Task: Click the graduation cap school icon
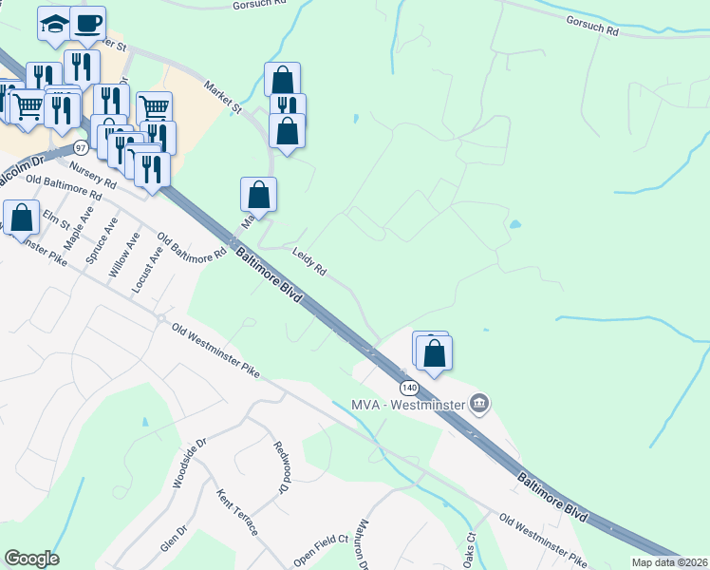tap(55, 23)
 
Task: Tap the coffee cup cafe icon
tap(88, 23)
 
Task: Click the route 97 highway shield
tap(81, 148)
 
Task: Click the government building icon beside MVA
tap(480, 405)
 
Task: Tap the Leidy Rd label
tap(309, 263)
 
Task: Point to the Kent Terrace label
tap(237, 513)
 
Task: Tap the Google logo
tap(31, 559)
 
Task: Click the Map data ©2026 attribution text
tap(670, 562)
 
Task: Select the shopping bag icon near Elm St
tap(21, 217)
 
